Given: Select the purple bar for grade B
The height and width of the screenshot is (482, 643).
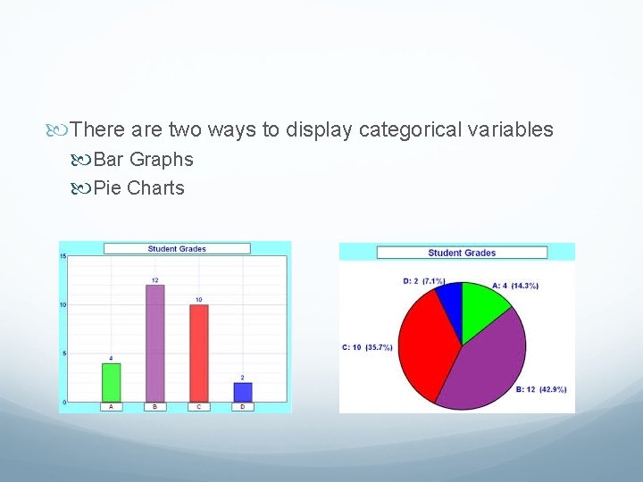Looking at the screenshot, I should (154, 343).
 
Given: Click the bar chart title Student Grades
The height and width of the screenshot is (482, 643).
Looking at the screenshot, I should (176, 249).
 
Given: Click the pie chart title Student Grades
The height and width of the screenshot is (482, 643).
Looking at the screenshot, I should (461, 253).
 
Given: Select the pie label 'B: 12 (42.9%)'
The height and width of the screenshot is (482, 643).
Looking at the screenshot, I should (541, 389).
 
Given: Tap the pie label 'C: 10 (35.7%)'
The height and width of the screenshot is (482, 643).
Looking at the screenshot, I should (367, 347).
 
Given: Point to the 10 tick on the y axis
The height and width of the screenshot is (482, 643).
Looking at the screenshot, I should (63, 304).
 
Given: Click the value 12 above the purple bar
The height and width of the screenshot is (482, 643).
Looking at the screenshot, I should (154, 280).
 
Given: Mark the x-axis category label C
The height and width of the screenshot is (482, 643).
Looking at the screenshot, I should (198, 407).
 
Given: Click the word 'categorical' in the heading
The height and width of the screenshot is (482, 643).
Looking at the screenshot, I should (406, 130).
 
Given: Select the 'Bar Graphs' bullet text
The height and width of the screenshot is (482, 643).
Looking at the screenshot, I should (143, 160).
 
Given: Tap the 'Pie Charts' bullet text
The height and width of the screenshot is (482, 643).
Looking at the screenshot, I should (138, 188).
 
